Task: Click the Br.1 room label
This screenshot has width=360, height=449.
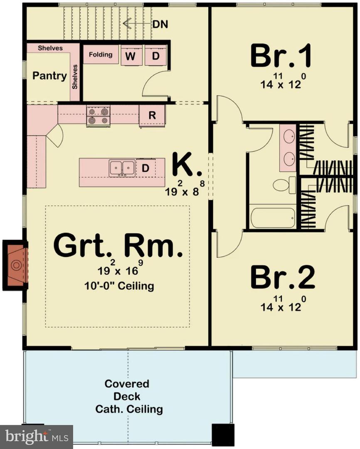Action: (281, 57)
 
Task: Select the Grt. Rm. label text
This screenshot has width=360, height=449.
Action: (118, 246)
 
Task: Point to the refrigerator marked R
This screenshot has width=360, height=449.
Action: (152, 116)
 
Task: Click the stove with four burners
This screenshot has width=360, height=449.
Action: (98, 116)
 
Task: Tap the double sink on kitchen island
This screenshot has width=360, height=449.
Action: (122, 168)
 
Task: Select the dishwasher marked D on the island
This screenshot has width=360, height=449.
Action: (145, 168)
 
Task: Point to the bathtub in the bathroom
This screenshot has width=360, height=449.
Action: (273, 218)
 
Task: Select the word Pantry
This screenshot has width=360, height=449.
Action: (49, 76)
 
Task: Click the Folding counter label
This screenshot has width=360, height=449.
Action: (101, 55)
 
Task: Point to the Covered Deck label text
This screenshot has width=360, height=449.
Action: (127, 396)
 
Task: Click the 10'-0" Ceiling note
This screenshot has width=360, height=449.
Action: (118, 286)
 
